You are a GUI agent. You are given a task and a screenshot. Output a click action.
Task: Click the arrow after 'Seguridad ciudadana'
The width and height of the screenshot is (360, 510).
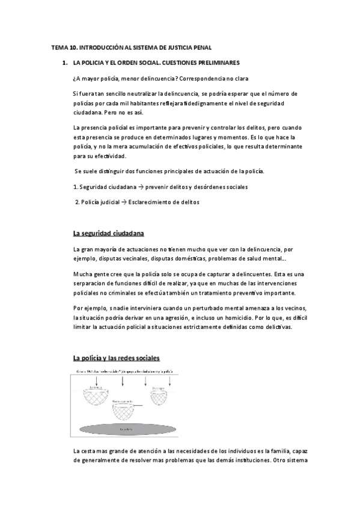point(124,187)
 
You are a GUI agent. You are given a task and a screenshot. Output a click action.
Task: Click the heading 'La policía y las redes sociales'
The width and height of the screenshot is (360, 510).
point(116,358)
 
